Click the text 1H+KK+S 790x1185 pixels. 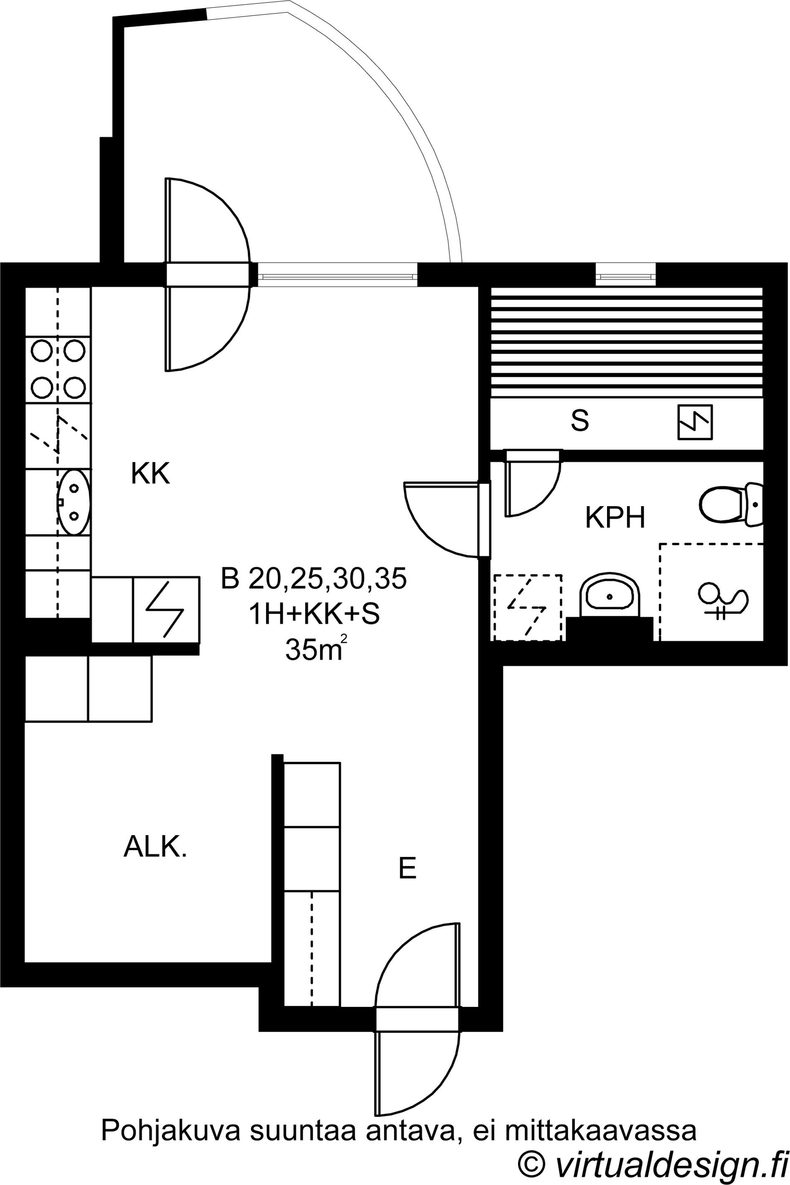click(313, 614)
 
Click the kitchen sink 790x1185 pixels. click(74, 502)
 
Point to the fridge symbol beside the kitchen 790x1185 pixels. click(166, 610)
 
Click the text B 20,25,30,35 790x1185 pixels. click(313, 579)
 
